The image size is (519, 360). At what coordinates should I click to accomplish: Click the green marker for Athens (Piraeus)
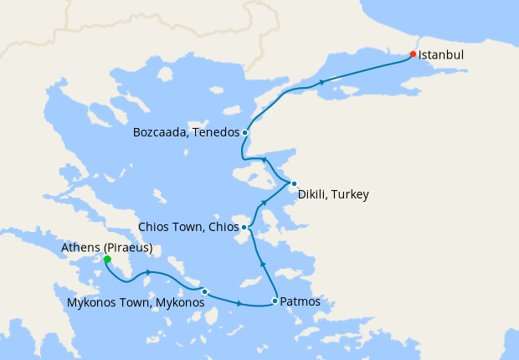click(x=107, y=260)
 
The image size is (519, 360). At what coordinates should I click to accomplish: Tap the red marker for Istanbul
click(x=413, y=54)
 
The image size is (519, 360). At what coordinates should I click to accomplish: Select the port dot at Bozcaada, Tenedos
click(x=244, y=132)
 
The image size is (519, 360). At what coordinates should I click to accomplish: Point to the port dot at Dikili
click(x=294, y=183)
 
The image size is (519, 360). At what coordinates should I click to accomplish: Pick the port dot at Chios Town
click(x=244, y=227)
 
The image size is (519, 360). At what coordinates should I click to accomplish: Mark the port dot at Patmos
click(x=275, y=301)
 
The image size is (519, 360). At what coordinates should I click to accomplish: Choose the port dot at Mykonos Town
click(x=204, y=291)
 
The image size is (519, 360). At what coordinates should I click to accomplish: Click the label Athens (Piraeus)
click(x=107, y=248)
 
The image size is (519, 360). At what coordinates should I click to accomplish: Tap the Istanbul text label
click(x=441, y=54)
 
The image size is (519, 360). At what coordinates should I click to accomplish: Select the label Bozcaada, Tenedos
click(x=186, y=132)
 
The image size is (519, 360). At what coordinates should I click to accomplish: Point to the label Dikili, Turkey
click(x=333, y=195)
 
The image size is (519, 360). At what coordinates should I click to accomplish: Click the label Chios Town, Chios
click(x=188, y=227)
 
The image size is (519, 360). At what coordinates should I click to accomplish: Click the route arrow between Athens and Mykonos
click(x=149, y=272)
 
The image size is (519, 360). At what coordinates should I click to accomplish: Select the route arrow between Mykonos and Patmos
click(x=241, y=303)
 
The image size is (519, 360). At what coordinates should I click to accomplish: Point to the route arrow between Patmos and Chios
click(x=264, y=264)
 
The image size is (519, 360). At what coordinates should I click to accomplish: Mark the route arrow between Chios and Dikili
click(x=265, y=203)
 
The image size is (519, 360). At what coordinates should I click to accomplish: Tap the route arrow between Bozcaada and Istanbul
click(x=322, y=82)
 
